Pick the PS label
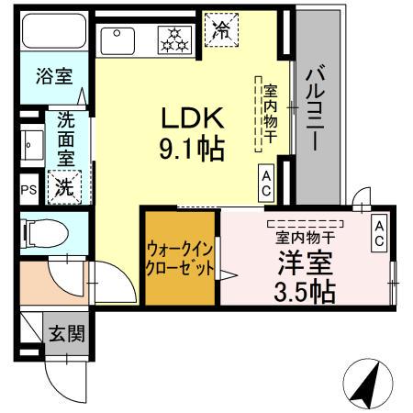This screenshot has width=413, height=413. point(28,191)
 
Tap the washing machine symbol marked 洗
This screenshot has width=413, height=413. point(65,188)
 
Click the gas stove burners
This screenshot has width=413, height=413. point(172,39)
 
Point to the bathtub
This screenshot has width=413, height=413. point(53,33)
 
